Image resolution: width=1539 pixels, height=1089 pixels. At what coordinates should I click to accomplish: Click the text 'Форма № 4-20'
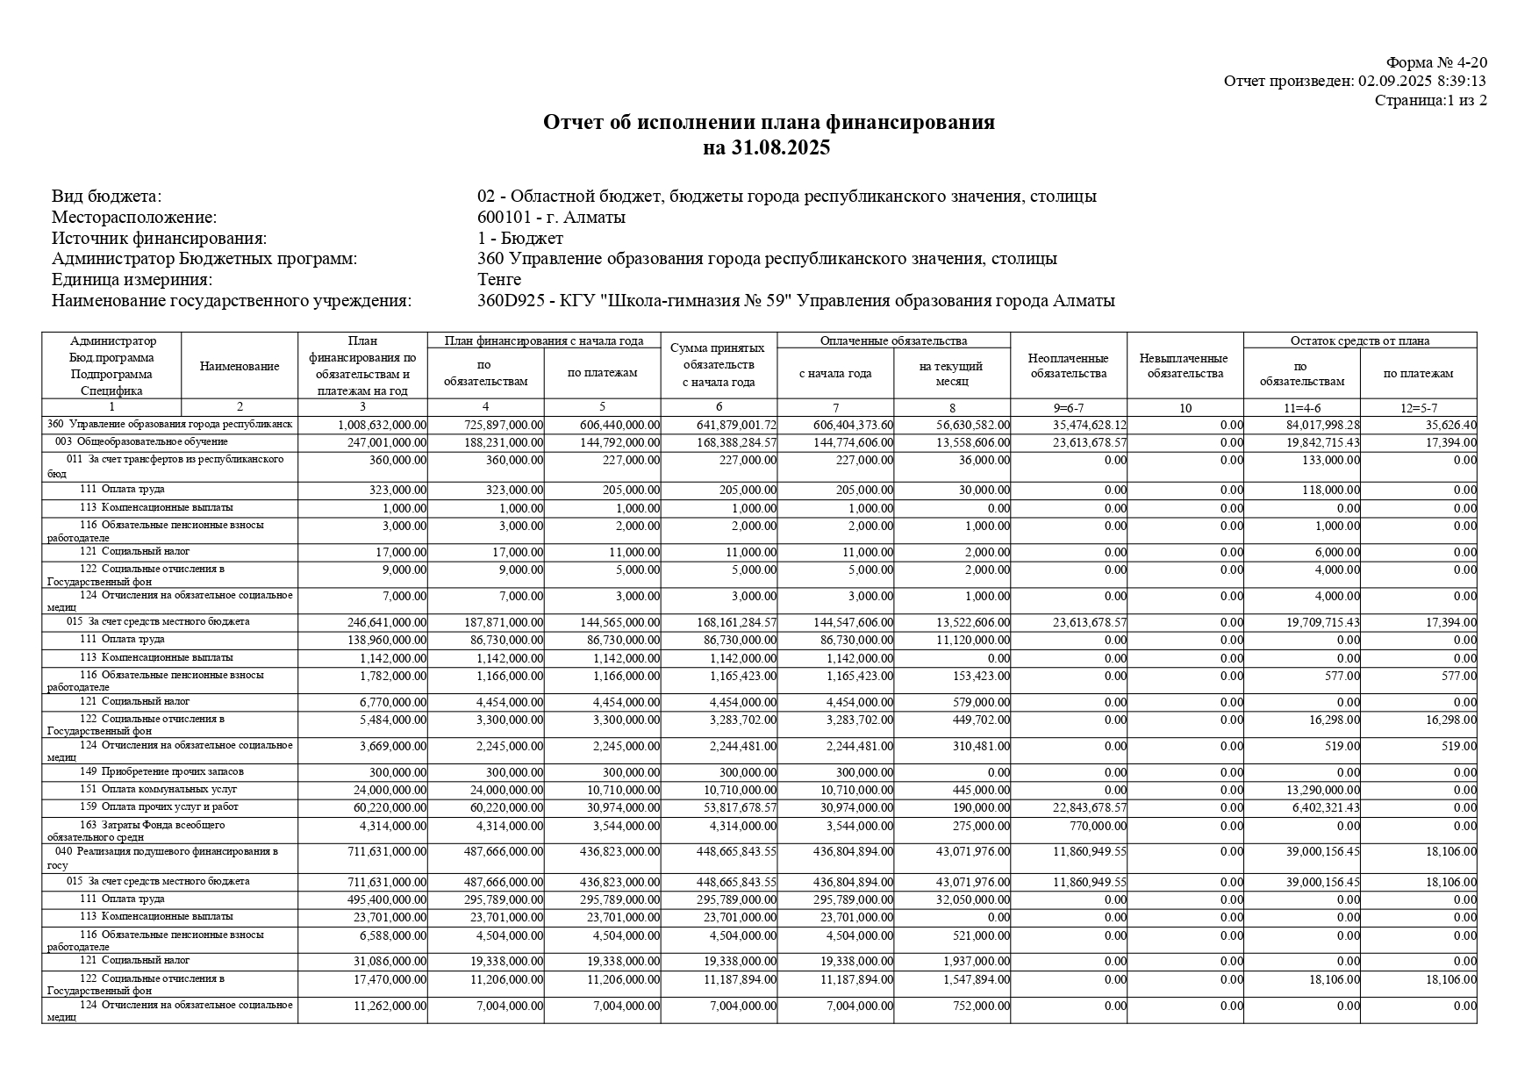tap(1436, 62)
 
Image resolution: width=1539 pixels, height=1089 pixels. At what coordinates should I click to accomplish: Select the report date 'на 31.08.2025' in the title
tap(768, 147)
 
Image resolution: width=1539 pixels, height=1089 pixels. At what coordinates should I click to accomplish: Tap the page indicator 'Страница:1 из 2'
tap(1430, 100)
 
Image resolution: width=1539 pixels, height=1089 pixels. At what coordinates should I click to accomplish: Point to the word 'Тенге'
tap(499, 280)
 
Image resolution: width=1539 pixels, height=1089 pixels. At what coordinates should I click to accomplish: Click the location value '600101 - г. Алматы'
tap(551, 218)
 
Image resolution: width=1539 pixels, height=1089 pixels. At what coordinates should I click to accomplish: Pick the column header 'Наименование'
tap(240, 367)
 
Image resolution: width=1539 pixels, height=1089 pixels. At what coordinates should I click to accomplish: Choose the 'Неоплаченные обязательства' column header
tap(1068, 366)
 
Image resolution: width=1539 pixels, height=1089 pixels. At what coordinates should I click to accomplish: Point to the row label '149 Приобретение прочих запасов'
tap(161, 772)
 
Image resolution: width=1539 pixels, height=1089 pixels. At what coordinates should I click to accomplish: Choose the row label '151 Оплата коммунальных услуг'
tap(158, 790)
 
